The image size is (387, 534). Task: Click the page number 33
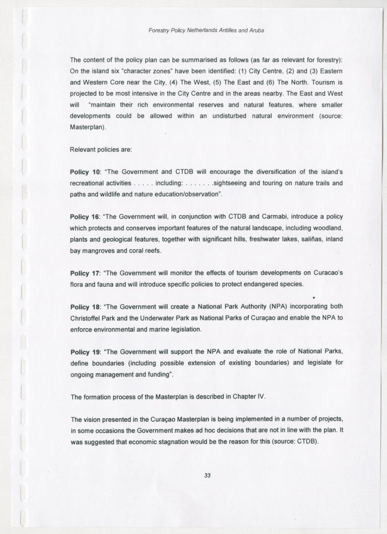207,476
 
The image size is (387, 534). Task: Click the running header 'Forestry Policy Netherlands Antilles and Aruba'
206,31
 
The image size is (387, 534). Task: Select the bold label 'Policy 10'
84,172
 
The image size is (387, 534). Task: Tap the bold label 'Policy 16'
84,216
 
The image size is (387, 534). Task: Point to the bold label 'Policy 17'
84,273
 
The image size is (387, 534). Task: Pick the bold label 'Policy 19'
84,352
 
